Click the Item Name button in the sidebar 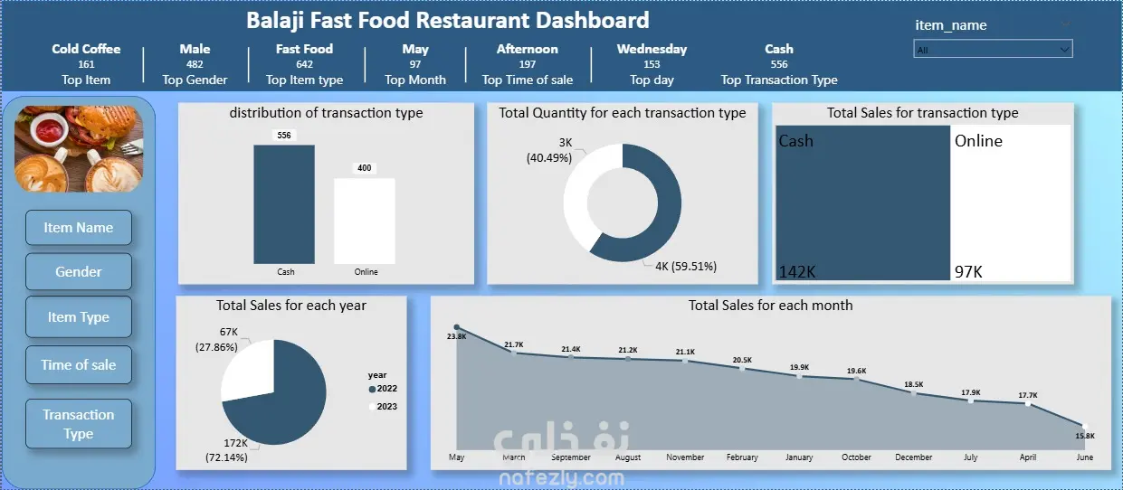coord(79,228)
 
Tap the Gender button coord(79,271)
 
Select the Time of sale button coord(79,364)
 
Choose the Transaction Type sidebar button coord(79,424)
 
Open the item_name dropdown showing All coord(993,49)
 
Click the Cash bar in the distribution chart coord(284,204)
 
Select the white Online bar coord(365,221)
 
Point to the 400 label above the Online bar coord(365,168)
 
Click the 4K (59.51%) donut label coord(686,266)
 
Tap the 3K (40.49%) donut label coord(549,150)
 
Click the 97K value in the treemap coord(968,271)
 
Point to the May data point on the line coord(457,327)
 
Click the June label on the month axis coord(1084,457)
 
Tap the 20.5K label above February coord(742,360)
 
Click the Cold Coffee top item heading coord(86,49)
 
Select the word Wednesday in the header coord(652,49)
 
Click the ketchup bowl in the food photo coord(49,128)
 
